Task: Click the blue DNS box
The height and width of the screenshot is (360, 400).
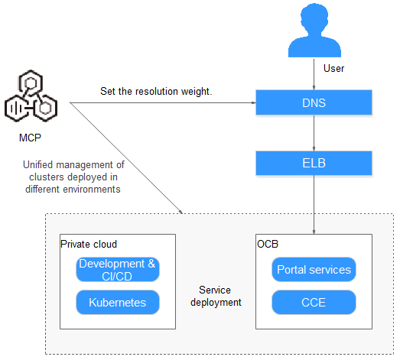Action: click(x=314, y=102)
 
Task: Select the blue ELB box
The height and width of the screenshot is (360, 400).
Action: click(x=314, y=163)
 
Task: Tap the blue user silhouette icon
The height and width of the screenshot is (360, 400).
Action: click(x=314, y=31)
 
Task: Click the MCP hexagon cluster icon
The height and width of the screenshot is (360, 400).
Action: click(x=31, y=96)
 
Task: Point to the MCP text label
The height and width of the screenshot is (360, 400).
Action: click(x=30, y=138)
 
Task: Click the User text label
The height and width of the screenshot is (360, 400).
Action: click(x=333, y=68)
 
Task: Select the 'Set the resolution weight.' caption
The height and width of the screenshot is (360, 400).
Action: click(x=156, y=92)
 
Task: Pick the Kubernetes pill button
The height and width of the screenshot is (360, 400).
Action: click(x=118, y=303)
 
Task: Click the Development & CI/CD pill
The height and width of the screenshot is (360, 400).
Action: click(x=118, y=270)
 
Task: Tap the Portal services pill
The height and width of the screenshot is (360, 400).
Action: click(x=314, y=270)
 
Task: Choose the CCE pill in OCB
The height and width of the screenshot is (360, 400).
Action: click(x=314, y=303)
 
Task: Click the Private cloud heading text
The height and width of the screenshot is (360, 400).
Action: click(x=89, y=245)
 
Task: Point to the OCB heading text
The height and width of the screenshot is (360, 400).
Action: click(x=268, y=245)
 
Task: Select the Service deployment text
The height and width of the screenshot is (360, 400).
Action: click(x=216, y=297)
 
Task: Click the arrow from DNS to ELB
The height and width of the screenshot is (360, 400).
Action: click(x=314, y=133)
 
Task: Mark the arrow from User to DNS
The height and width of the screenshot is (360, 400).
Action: click(x=314, y=74)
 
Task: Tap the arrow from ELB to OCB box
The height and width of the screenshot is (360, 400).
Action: click(x=314, y=205)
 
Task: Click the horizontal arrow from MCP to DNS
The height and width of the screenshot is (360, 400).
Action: click(x=163, y=102)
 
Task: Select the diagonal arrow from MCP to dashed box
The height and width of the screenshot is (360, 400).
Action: click(x=126, y=158)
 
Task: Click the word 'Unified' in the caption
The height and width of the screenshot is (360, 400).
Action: click(x=38, y=164)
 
